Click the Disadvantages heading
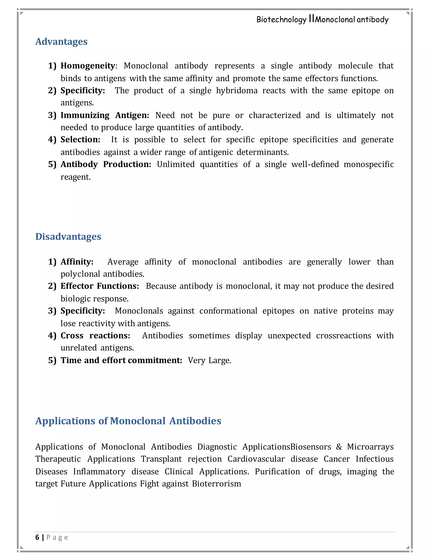(68, 236)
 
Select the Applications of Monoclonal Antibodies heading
(128, 421)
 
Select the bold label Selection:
(80, 140)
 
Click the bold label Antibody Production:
(106, 164)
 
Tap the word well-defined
(315, 164)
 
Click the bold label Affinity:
(77, 262)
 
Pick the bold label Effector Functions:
(100, 286)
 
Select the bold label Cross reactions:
(95, 335)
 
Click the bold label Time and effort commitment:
(121, 360)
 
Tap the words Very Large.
(209, 360)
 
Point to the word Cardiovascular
(256, 459)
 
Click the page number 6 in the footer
(37, 537)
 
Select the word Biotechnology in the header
(281, 20)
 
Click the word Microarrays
(370, 447)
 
